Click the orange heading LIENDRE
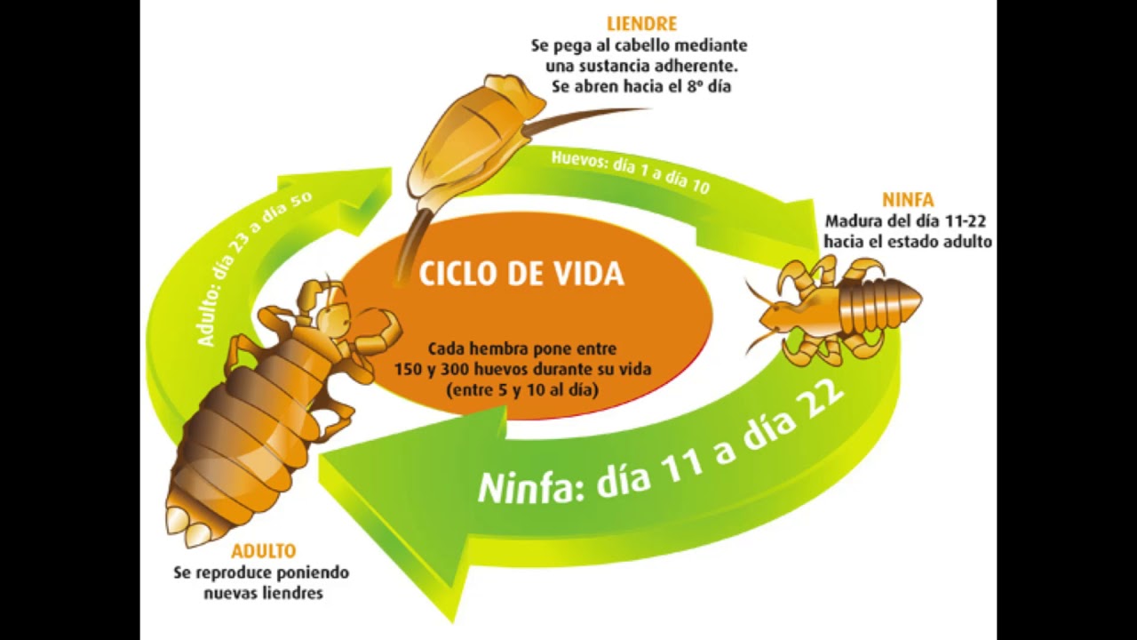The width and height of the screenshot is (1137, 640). tap(641, 24)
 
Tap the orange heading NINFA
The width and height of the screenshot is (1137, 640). tap(907, 199)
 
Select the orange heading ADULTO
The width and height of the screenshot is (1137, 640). tap(264, 552)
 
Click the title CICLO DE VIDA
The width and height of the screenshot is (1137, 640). tap(521, 274)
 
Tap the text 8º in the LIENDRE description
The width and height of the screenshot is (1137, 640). tap(696, 87)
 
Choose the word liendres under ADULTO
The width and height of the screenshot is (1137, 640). tap(291, 593)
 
